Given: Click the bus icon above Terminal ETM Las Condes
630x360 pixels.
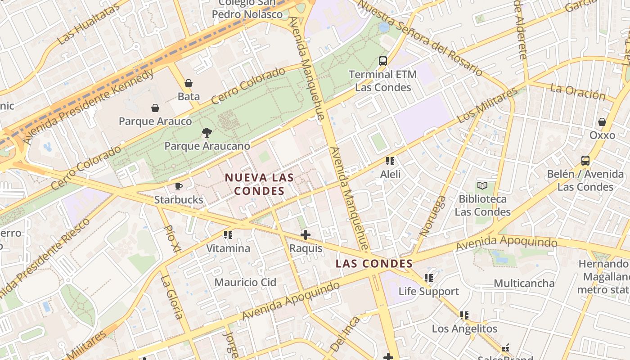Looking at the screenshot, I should click(383, 61).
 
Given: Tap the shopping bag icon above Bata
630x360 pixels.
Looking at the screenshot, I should click(189, 83).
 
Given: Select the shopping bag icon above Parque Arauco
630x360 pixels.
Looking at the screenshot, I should click(155, 108).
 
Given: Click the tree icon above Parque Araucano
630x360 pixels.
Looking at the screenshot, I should click(207, 133).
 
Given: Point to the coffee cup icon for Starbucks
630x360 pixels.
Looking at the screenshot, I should click(179, 186).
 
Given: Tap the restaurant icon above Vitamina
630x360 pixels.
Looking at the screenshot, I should click(228, 235).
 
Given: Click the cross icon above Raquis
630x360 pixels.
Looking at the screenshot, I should click(306, 235).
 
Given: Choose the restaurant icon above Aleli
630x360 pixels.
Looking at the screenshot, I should click(390, 161).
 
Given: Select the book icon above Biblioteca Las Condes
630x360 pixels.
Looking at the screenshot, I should click(482, 185).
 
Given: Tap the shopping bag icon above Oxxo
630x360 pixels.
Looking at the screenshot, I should click(602, 122).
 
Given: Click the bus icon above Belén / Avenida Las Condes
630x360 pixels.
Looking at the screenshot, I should click(585, 161).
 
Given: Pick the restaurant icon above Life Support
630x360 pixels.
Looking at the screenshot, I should click(429, 278).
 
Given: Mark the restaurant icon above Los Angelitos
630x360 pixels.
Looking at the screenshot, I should click(464, 315).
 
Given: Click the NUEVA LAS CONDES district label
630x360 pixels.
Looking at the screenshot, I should click(260, 184).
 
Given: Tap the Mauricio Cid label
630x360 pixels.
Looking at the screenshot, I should click(245, 283).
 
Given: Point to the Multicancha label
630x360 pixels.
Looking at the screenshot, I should click(524, 283).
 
